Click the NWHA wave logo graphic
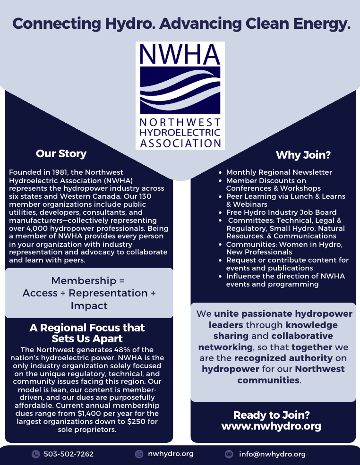click(x=180, y=90)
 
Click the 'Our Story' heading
click(x=61, y=154)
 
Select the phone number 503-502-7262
click(x=69, y=454)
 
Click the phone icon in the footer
click(x=35, y=454)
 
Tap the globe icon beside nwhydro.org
click(x=139, y=454)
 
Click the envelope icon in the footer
click(x=229, y=454)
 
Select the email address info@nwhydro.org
click(x=272, y=454)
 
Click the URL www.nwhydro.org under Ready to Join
click(x=271, y=426)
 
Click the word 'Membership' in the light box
click(x=77, y=281)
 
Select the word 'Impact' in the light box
click(x=89, y=306)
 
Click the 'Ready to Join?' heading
click(x=271, y=415)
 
